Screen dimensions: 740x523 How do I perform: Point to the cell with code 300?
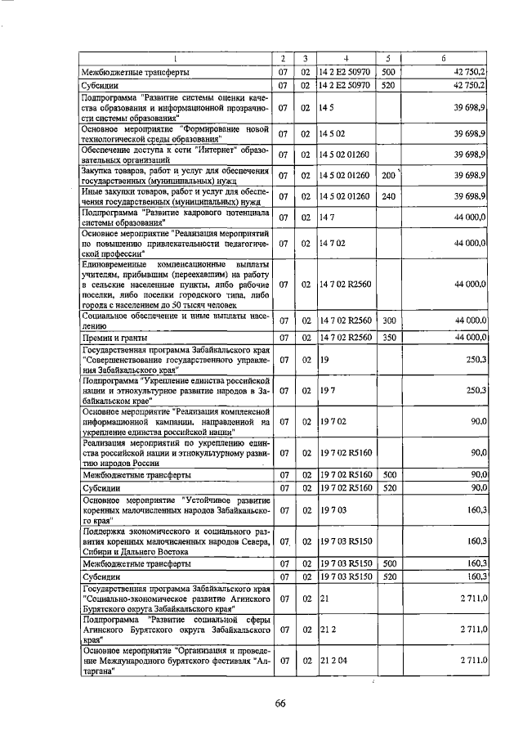(388, 321)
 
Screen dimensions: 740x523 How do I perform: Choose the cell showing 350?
(388, 337)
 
